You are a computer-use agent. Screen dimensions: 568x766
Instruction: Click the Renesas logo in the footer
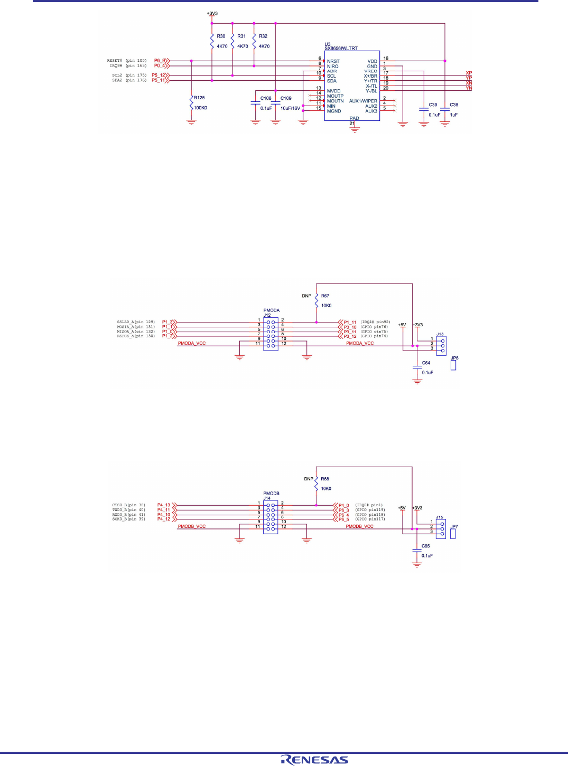314,760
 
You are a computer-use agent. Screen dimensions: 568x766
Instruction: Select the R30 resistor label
221,36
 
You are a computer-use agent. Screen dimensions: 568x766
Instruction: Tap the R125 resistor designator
199,98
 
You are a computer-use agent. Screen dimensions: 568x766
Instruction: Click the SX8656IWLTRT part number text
341,49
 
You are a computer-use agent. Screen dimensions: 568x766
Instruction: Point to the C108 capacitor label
266,98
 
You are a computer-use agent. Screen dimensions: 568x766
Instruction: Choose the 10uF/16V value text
290,108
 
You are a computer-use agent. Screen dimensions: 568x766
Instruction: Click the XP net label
469,73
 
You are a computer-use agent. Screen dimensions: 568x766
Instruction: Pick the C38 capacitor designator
454,105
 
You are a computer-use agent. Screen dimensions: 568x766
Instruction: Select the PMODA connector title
272,310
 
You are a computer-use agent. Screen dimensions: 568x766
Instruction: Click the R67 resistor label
325,296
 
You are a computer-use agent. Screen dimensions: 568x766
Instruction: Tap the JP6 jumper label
454,358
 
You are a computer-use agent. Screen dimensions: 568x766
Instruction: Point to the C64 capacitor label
426,363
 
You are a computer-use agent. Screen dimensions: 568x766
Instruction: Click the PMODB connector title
271,494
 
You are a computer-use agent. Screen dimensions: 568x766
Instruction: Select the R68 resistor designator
325,479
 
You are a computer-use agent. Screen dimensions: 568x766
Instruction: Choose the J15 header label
440,517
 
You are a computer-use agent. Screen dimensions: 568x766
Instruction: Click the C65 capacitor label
425,546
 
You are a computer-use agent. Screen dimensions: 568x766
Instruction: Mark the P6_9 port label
160,61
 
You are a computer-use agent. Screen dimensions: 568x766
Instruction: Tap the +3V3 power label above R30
212,14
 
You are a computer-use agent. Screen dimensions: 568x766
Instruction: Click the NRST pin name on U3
333,61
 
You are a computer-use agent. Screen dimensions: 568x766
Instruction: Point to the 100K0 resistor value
200,108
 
